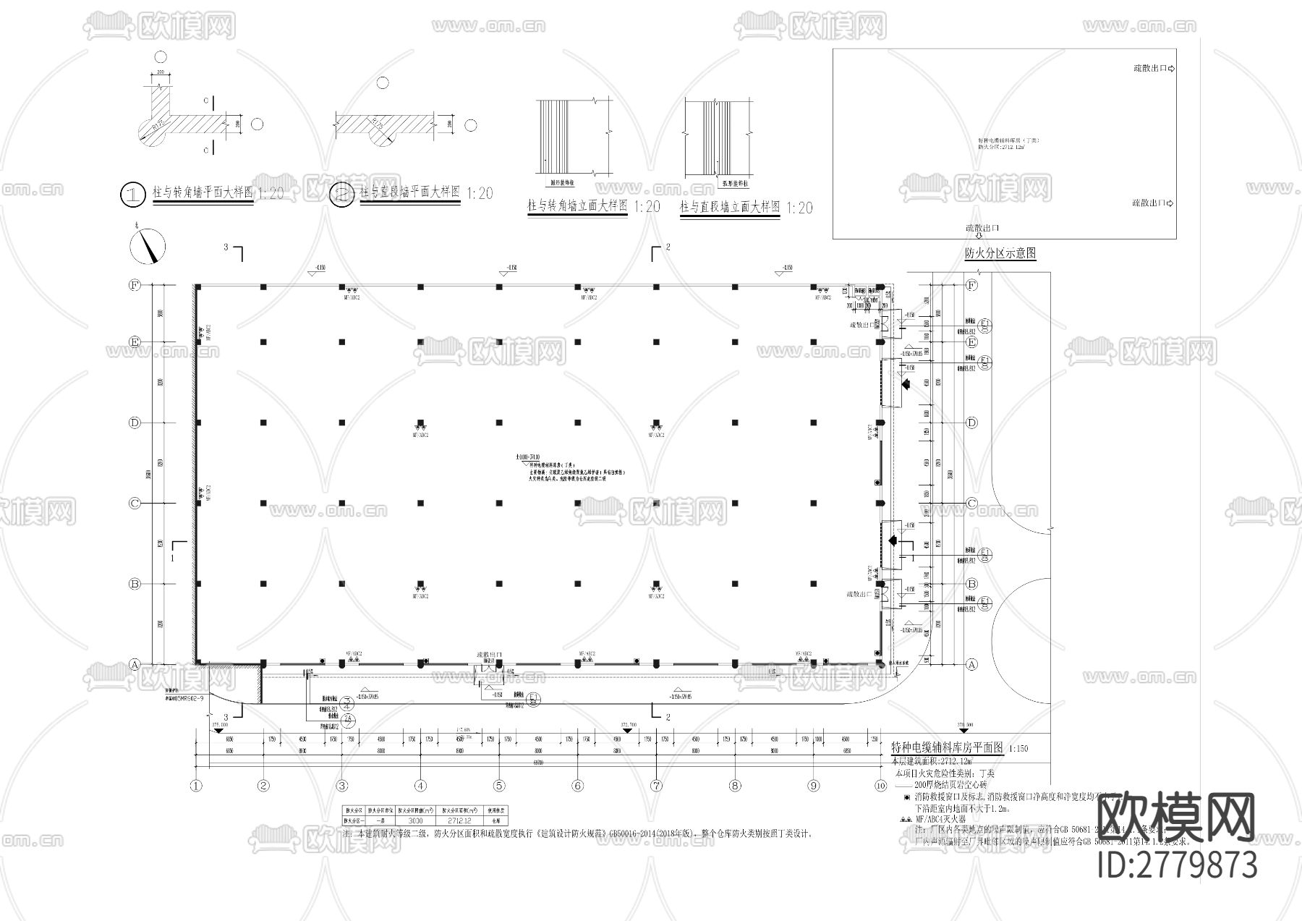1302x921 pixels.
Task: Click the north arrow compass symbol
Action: tap(148, 246)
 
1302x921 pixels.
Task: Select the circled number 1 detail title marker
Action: tap(132, 194)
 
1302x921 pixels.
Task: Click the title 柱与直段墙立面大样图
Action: tap(730, 208)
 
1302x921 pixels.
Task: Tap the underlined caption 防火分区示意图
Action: tap(1000, 254)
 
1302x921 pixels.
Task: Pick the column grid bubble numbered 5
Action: tap(499, 786)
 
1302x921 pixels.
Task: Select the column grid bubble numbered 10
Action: tap(880, 786)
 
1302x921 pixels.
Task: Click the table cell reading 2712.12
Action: tap(458, 821)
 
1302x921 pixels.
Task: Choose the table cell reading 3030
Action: tap(415, 821)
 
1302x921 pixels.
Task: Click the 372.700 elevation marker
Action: tap(629, 724)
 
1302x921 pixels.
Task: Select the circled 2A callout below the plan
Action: tap(349, 718)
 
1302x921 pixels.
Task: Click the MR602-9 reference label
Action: tap(186, 699)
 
